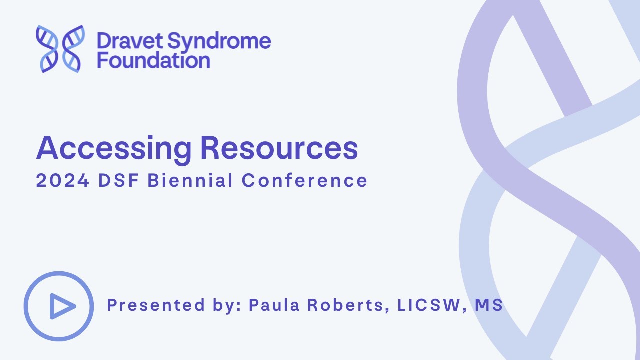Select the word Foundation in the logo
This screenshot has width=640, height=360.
tap(153, 60)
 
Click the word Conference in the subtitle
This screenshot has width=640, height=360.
tap(305, 181)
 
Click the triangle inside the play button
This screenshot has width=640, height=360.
tap(61, 306)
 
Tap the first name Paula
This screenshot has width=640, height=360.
tap(273, 305)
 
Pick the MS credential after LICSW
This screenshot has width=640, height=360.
tap(489, 305)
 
